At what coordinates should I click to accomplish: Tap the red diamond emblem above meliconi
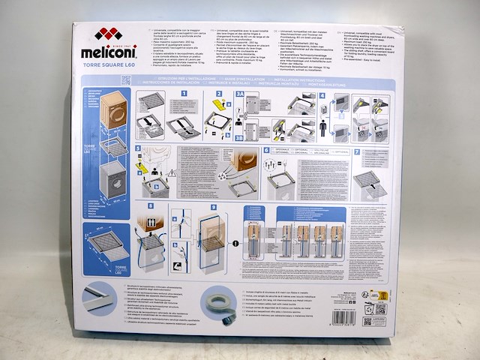[107, 33]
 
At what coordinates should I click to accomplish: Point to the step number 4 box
[322, 96]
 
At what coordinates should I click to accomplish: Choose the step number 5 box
[139, 148]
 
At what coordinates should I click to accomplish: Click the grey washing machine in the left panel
[103, 180]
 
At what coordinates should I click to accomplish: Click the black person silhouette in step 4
[322, 127]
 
